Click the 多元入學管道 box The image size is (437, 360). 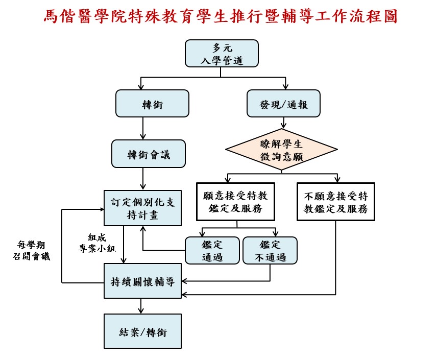point(222,54)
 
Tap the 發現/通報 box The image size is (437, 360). point(283,103)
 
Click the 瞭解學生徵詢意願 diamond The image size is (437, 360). point(281,150)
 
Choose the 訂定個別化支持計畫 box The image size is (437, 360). point(143,208)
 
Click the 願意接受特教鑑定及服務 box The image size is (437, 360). point(235,202)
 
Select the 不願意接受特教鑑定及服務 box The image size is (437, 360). point(336,202)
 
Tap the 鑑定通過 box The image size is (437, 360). point(212,250)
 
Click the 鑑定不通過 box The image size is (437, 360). point(270,250)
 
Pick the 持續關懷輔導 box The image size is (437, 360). point(143,281)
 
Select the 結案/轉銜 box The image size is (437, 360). point(143,331)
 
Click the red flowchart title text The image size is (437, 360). point(220,16)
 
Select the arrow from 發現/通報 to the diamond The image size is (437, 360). point(283,123)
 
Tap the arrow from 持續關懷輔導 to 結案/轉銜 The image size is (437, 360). point(141,306)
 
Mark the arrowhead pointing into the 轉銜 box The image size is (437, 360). point(141,86)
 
